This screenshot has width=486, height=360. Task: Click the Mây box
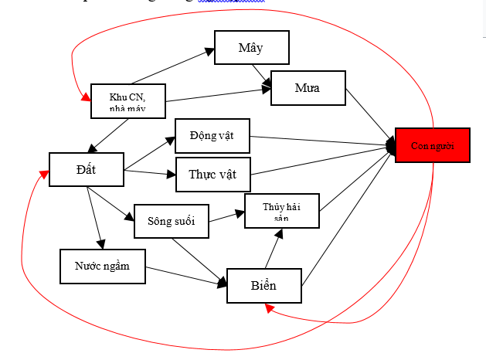tap(251, 48)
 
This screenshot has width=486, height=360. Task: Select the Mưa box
tap(308, 89)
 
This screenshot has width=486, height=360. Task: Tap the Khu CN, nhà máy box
tap(127, 100)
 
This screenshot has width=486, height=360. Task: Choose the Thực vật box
tap(212, 174)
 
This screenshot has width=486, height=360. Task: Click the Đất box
tap(86, 168)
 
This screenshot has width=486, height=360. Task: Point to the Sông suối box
tap(171, 221)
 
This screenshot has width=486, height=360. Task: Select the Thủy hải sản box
tap(280, 211)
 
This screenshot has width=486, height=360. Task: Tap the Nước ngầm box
tap(102, 266)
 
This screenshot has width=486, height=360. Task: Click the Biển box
tap(263, 286)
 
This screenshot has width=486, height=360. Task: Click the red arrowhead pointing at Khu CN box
tap(84, 98)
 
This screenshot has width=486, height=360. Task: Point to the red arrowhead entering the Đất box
tap(44, 174)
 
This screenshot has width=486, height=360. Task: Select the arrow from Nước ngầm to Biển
tap(185, 275)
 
